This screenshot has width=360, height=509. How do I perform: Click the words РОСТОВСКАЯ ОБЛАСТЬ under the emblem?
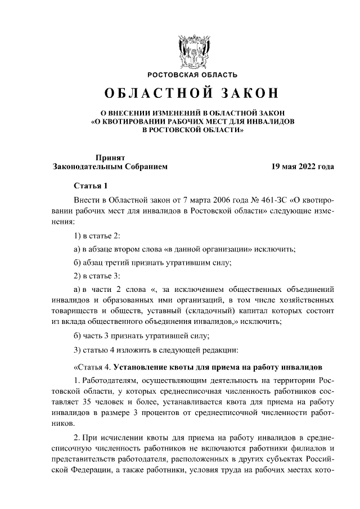click(192, 74)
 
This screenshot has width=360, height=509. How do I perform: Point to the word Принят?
click(110, 158)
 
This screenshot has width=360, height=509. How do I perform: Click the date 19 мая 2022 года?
click(302, 167)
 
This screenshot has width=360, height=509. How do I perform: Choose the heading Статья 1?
click(90, 186)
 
